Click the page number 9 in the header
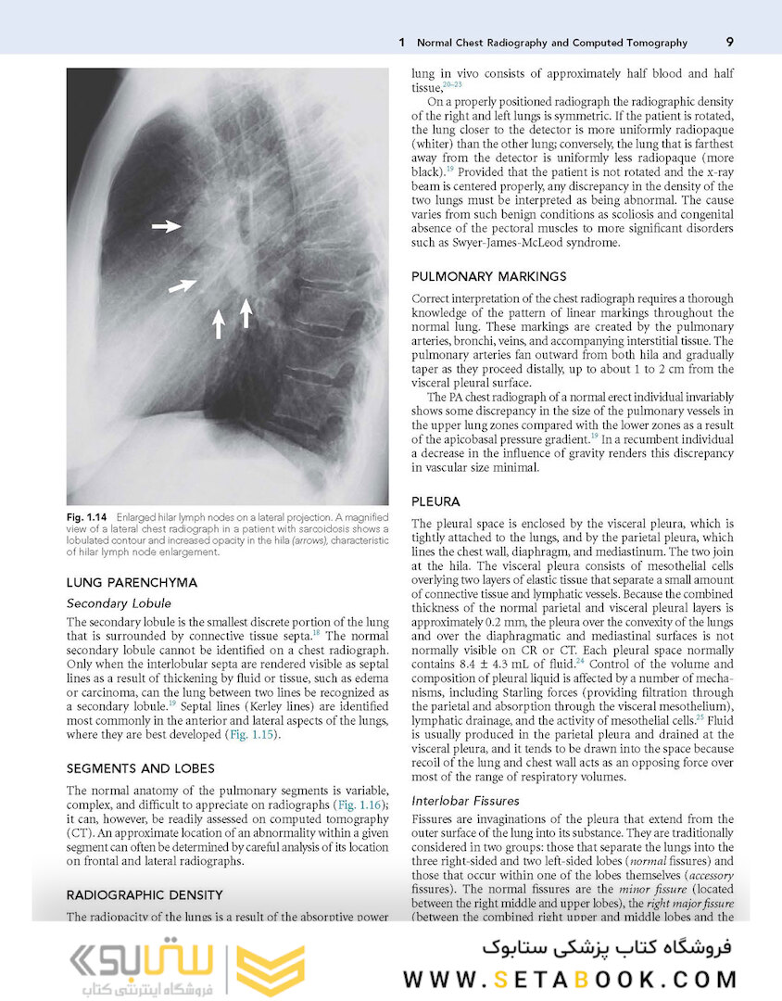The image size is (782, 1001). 730,43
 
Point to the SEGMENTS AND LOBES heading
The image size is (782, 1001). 141,768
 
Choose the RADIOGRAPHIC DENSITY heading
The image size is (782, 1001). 145,894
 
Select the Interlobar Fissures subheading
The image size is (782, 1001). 465,800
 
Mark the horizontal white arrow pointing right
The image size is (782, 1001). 167,226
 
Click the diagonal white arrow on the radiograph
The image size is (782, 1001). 183,286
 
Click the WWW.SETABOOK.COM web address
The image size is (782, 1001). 570,979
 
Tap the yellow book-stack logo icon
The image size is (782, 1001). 270,970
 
